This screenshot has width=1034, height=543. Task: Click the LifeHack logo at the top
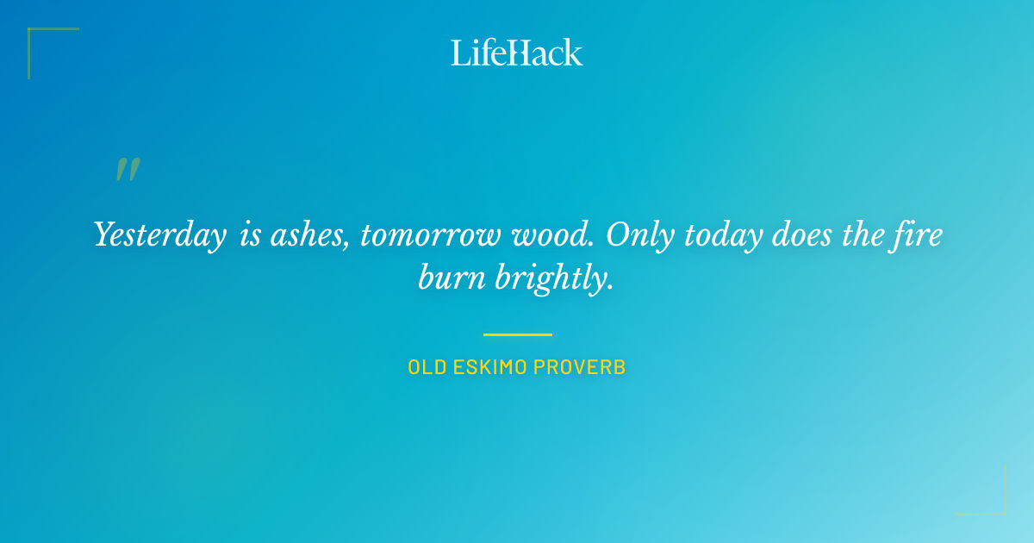(x=516, y=53)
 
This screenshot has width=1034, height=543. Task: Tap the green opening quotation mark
(x=128, y=169)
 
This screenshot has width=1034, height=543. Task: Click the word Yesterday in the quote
(x=159, y=235)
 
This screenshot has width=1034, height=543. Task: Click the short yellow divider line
(x=517, y=334)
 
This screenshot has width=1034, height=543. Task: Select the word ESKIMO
(x=488, y=367)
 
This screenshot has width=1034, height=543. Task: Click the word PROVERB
(x=579, y=367)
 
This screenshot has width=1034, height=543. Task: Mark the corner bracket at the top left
(x=34, y=34)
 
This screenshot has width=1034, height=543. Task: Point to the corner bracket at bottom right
(x=999, y=509)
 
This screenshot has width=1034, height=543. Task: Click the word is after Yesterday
(x=251, y=235)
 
